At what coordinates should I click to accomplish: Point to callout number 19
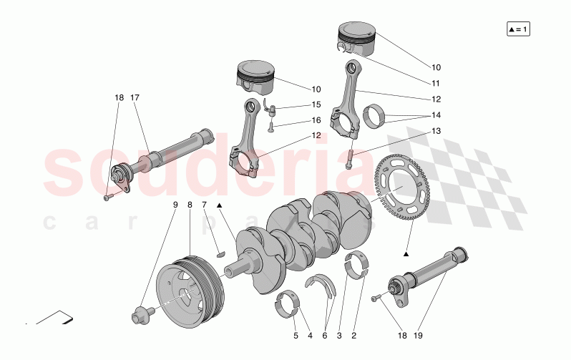click(419, 335)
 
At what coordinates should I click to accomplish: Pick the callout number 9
click(175, 205)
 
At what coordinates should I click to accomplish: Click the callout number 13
click(436, 130)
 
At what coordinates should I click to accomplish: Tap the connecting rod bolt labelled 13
click(349, 156)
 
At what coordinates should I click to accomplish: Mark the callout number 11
click(436, 83)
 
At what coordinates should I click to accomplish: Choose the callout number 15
click(316, 104)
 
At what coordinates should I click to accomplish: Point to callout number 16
click(316, 120)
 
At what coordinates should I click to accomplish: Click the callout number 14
click(436, 115)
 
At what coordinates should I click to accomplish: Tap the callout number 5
click(296, 335)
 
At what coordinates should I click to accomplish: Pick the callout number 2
click(353, 335)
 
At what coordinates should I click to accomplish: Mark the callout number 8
click(190, 205)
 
